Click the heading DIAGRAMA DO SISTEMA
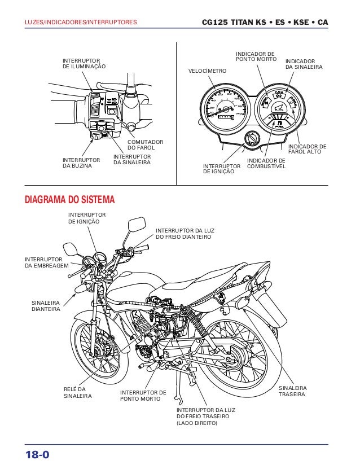tap(69, 200)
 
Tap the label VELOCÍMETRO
tap(207, 72)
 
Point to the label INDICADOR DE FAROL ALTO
tap(307, 149)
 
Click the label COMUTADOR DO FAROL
tap(145, 144)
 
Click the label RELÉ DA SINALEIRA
tap(74, 393)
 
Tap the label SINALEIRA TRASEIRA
tap(293, 391)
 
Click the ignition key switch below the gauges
tap(252, 139)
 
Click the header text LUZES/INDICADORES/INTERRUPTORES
tap(80, 23)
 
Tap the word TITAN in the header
tap(244, 23)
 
